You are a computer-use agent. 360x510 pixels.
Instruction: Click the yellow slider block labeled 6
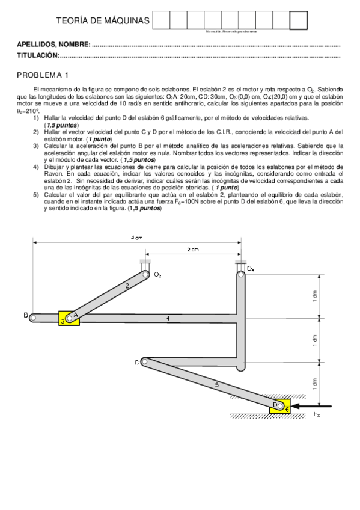pyautogui.click(x=283, y=407)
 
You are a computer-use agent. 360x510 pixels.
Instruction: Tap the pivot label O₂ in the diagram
pyautogui.click(x=157, y=274)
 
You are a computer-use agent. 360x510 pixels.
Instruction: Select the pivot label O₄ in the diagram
pyautogui.click(x=250, y=269)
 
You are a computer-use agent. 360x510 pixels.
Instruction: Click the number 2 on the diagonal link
pyautogui.click(x=127, y=287)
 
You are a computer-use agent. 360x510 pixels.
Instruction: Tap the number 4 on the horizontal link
pyautogui.click(x=168, y=317)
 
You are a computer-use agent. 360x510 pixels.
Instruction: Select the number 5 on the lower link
pyautogui.click(x=216, y=383)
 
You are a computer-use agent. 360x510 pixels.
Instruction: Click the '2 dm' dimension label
pyautogui.click(x=192, y=249)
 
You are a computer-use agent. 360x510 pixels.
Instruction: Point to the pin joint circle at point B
pyautogui.click(x=34, y=317)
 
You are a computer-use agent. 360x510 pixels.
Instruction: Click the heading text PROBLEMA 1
pyautogui.click(x=43, y=75)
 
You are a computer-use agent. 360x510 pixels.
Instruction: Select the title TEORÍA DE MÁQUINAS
pyautogui.click(x=102, y=21)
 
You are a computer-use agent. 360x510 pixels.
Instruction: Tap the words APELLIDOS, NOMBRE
pyautogui.click(x=53, y=45)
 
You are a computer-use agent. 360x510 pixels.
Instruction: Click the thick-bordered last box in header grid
pyautogui.click(x=298, y=20)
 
